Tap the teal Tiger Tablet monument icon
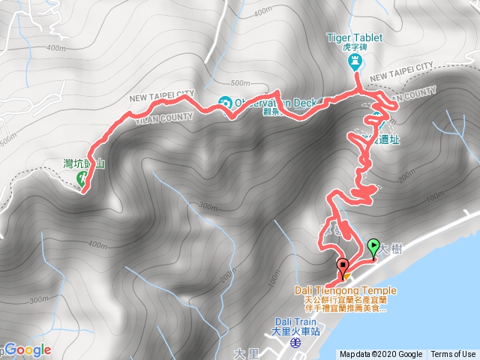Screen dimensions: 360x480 pyautogui.click(x=355, y=62)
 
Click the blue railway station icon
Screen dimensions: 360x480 pyautogui.click(x=295, y=342)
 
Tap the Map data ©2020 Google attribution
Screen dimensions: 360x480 pyautogui.click(x=382, y=354)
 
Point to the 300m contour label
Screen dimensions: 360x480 pyautogui.click(x=209, y=207)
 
